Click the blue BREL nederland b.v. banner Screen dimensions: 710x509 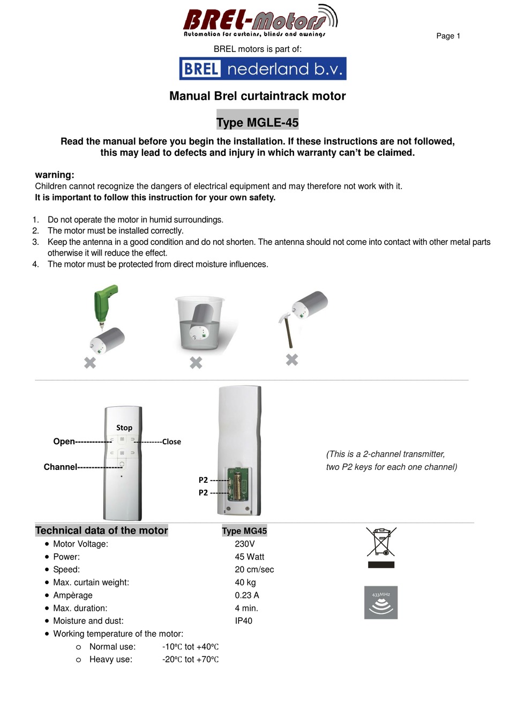263,69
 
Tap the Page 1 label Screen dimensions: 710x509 448,36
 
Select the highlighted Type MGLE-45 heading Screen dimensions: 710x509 257,122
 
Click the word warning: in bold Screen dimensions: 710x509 55,175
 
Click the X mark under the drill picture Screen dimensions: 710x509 90,363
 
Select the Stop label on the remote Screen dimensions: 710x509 124,428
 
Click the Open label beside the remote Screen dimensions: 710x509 64,442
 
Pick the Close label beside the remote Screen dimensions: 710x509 171,442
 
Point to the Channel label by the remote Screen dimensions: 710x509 60,467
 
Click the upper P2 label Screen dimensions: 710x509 203,480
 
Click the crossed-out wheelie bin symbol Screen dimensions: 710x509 381,542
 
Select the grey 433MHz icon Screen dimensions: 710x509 381,602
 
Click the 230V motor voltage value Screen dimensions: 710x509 245,544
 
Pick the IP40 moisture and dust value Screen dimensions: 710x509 244,621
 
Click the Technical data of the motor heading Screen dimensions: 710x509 102,530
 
